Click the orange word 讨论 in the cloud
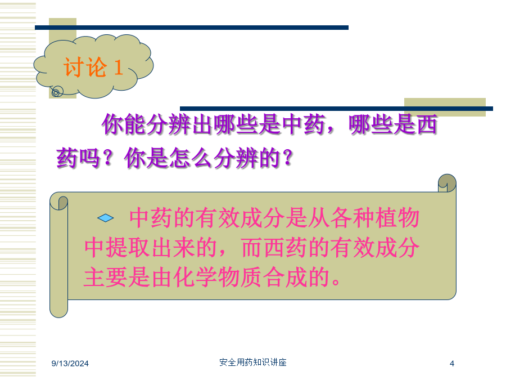coord(85,67)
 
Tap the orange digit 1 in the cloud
coord(119,67)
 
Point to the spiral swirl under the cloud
coord(57,92)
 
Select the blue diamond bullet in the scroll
coord(106,218)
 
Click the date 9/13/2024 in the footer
coord(70,364)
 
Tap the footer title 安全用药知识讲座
coord(253,362)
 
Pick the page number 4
coord(452,364)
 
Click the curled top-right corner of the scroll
coord(447,183)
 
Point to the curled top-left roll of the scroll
coord(58,202)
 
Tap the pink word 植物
coord(397,218)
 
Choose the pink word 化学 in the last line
coord(195,277)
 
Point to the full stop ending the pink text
coord(336,283)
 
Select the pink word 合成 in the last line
coord(285,277)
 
